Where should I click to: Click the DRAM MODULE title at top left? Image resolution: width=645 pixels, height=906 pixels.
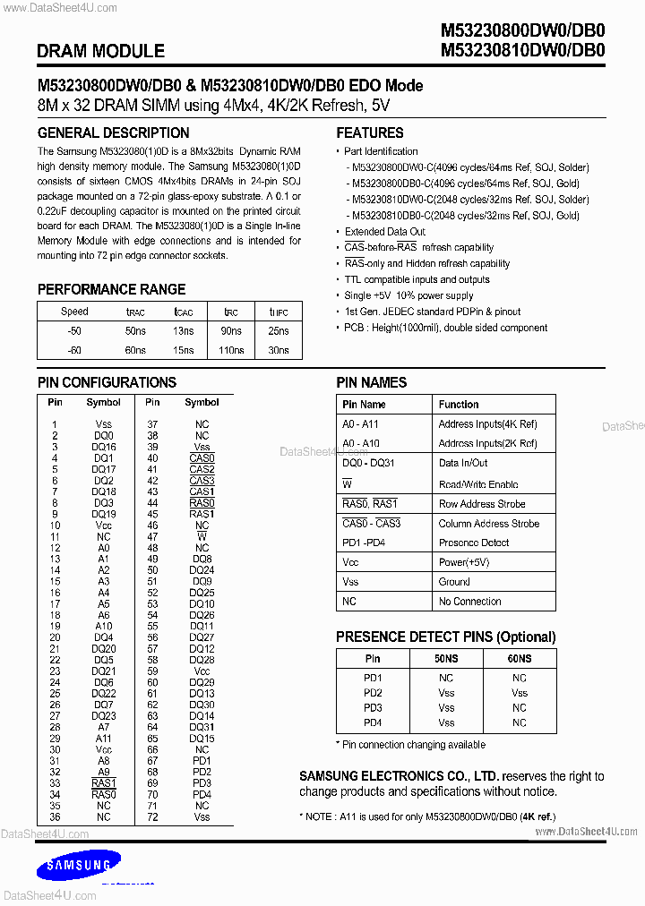click(100, 52)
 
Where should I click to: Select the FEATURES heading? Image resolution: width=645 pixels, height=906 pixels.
click(370, 132)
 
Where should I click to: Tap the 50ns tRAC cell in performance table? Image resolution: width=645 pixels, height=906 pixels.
click(135, 331)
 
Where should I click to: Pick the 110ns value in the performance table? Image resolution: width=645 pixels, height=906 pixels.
click(231, 350)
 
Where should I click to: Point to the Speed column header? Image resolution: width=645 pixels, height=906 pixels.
click(74, 312)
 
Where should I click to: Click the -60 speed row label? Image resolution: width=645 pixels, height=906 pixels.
click(74, 350)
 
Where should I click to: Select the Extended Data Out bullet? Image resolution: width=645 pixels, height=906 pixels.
click(385, 232)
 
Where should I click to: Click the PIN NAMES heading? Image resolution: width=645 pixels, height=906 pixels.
click(371, 382)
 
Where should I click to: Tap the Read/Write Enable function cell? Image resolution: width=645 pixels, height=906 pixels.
click(477, 484)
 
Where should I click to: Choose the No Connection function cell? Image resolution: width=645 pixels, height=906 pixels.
click(469, 602)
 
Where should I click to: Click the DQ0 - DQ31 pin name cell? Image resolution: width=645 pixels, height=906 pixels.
click(368, 463)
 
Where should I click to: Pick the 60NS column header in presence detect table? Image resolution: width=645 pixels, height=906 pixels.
click(520, 658)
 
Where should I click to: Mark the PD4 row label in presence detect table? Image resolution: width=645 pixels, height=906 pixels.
click(373, 722)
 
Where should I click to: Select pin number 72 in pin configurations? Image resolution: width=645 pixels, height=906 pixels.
click(152, 817)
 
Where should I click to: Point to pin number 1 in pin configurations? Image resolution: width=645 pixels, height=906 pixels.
click(55, 424)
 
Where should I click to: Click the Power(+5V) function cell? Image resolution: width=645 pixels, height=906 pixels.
click(465, 562)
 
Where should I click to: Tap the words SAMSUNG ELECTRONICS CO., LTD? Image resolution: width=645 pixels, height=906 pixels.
click(399, 776)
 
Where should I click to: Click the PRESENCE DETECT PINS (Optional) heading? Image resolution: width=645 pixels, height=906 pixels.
click(445, 637)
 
